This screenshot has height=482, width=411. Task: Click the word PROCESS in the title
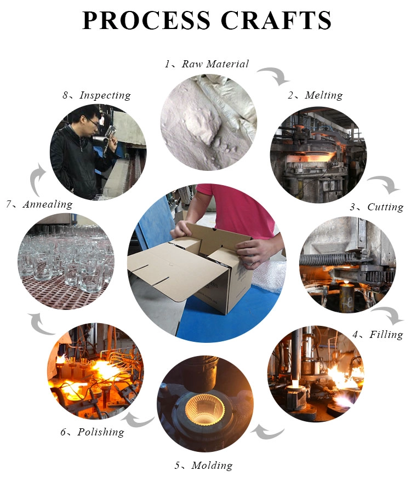(146, 20)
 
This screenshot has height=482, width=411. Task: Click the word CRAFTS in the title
(276, 20)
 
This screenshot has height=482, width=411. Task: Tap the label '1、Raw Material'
(207, 64)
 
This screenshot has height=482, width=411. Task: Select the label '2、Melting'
(315, 95)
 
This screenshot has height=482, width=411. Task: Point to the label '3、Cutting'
(376, 207)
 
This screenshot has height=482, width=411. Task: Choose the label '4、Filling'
(378, 335)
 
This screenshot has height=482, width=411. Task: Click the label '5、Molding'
(204, 465)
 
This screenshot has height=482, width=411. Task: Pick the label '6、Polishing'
(92, 432)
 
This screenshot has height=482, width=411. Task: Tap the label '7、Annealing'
(39, 204)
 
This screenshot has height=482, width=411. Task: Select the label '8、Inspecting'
(96, 95)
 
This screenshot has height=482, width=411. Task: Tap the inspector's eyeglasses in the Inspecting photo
(93, 123)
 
